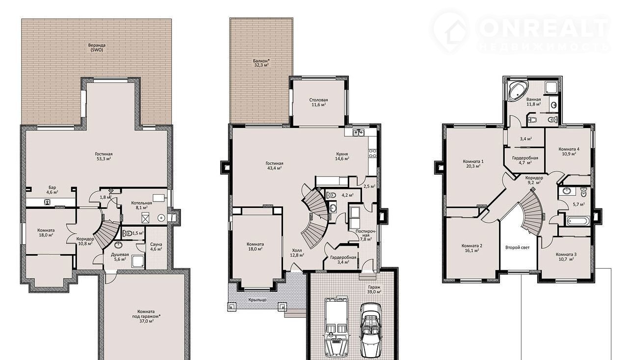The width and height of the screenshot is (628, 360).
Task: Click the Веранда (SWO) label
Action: click(x=97, y=48)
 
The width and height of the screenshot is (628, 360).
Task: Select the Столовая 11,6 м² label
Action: click(x=318, y=103)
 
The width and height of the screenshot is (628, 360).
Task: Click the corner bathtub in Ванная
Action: click(x=518, y=91)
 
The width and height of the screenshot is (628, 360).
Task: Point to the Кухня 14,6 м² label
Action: click(x=342, y=156)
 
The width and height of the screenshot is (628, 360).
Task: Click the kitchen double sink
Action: click(x=358, y=132)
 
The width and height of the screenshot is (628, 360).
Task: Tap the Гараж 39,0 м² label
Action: click(x=374, y=289)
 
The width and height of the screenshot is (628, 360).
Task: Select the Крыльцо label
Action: click(x=258, y=300)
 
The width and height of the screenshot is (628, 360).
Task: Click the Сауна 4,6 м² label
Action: click(x=156, y=246)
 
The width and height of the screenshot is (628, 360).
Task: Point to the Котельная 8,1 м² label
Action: click(x=142, y=205)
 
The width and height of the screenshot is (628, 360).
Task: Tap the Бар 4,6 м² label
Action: click(x=52, y=190)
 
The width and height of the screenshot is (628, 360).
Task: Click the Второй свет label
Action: click(x=518, y=248)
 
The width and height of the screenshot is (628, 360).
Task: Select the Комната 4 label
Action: click(x=569, y=149)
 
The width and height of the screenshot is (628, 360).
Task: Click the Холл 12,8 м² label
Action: click(x=297, y=253)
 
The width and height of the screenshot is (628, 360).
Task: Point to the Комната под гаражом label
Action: click(x=146, y=314)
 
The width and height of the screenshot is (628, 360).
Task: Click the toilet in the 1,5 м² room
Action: click(x=128, y=233)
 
